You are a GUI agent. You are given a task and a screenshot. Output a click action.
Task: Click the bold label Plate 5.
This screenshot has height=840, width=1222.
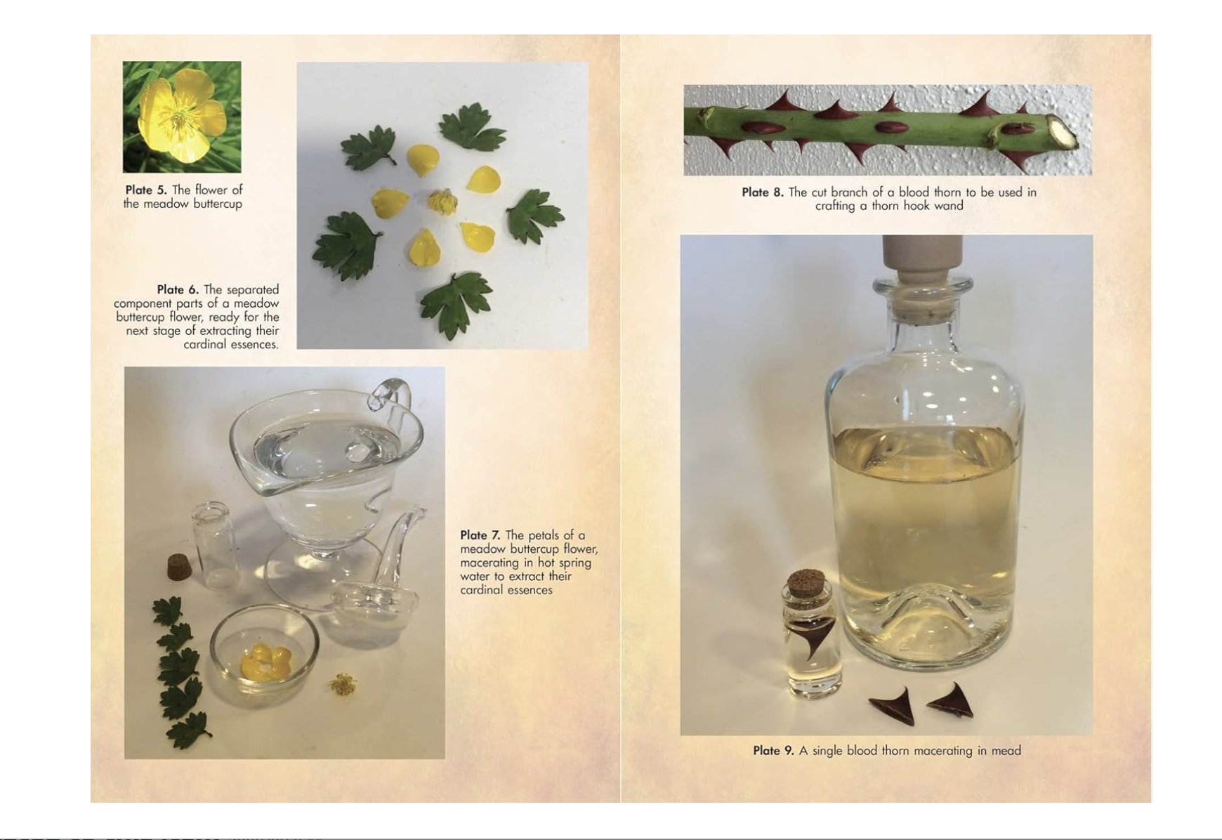click(146, 190)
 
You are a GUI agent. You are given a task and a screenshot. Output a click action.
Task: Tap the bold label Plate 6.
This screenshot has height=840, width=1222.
click(178, 289)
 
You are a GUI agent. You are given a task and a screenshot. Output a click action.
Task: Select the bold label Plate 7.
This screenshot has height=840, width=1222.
click(480, 535)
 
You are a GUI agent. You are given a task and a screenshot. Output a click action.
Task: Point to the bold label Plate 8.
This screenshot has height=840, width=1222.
click(763, 192)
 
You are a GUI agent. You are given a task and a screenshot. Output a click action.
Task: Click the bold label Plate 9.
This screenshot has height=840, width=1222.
click(773, 751)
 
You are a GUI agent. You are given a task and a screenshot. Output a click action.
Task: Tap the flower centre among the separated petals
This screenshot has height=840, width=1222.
click(442, 202)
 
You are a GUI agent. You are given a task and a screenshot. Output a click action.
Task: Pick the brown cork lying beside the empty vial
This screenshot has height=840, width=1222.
click(179, 567)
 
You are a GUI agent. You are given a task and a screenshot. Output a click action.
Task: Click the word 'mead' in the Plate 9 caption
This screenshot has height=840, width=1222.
click(1006, 751)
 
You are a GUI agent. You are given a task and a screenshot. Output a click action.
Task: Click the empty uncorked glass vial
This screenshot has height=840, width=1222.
click(214, 544)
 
